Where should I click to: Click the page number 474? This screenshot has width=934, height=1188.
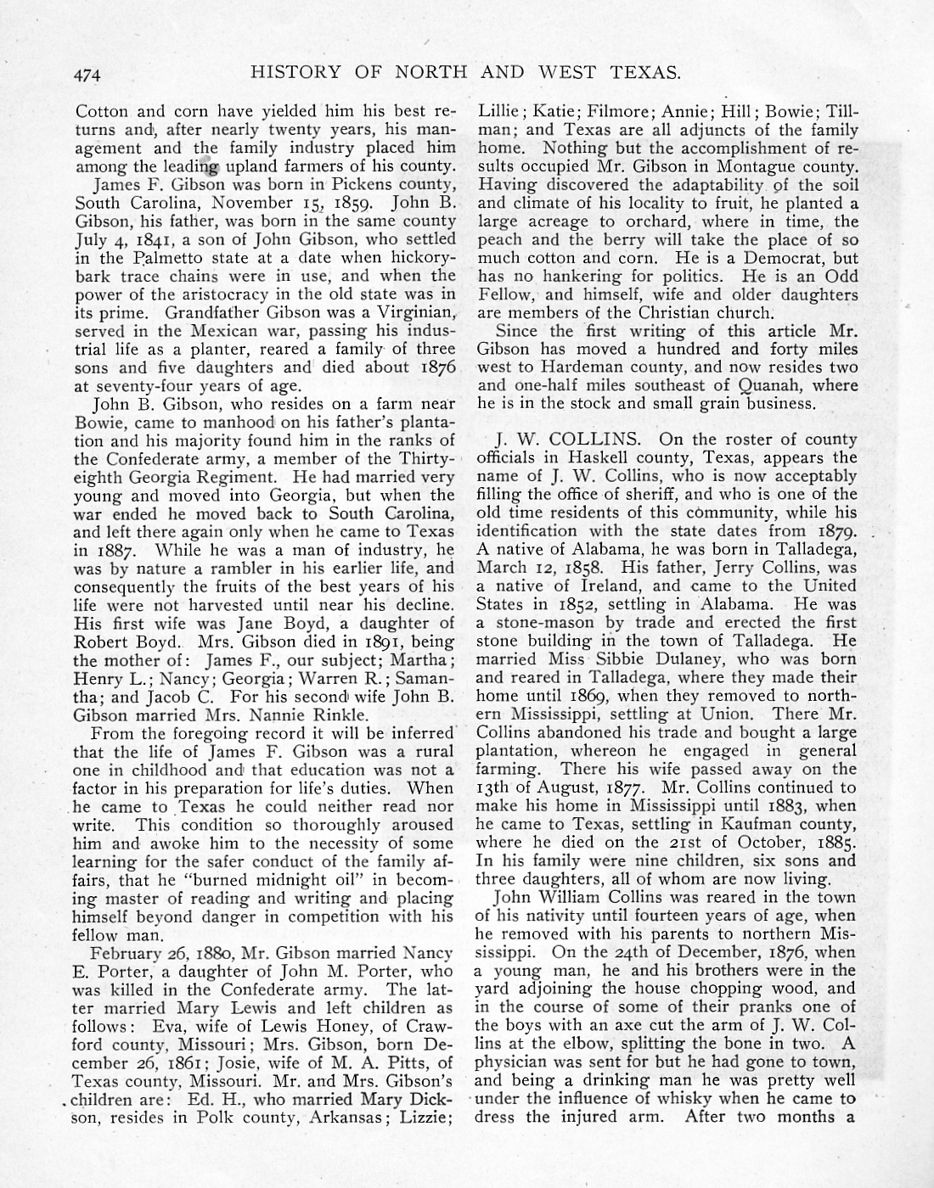(87, 75)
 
